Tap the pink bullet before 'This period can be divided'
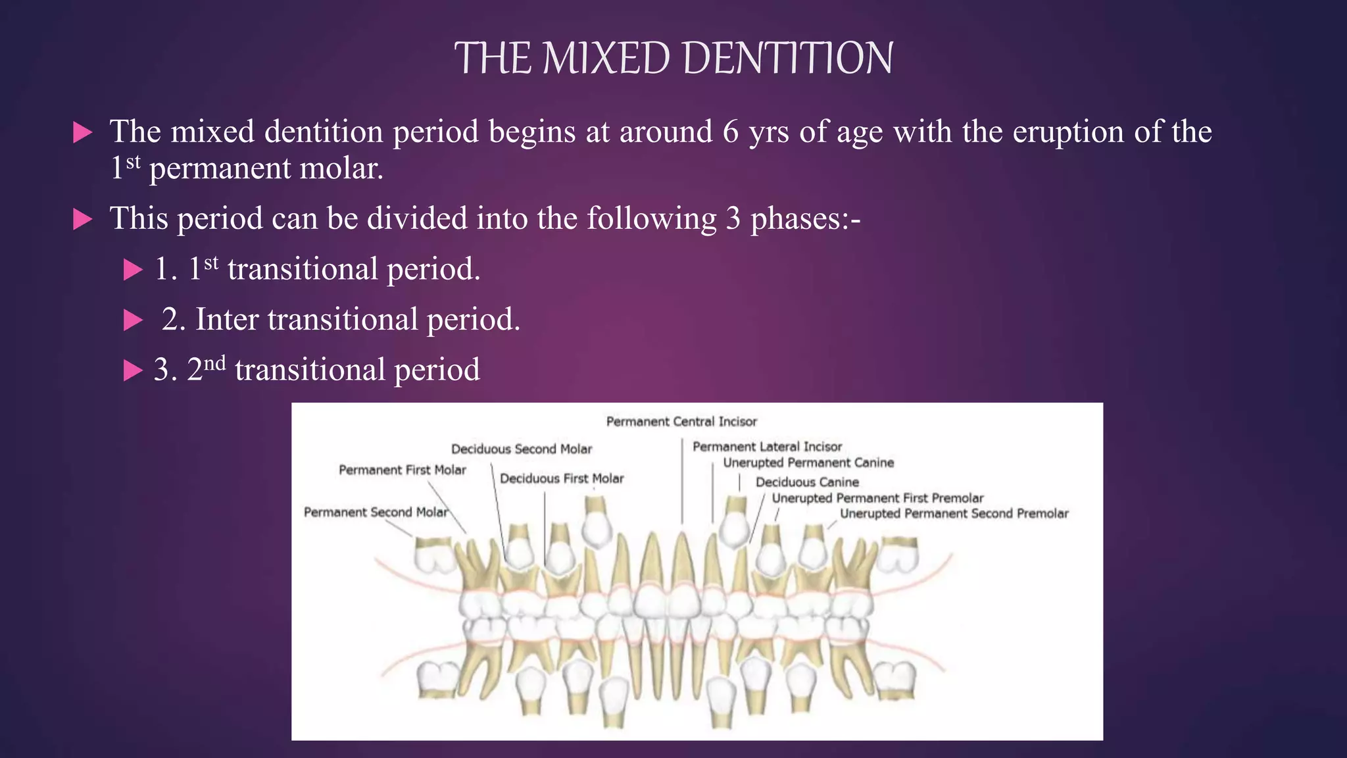(x=82, y=219)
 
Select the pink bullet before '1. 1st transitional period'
(x=133, y=270)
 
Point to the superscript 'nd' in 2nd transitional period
(x=214, y=363)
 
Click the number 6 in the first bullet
(x=730, y=132)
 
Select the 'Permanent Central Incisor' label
(x=681, y=422)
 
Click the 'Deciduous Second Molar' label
(x=522, y=449)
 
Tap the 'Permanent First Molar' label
(x=402, y=470)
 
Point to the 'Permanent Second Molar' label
(x=376, y=513)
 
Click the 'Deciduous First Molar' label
(x=562, y=479)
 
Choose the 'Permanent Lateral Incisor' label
(x=767, y=447)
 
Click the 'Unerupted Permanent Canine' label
(x=808, y=463)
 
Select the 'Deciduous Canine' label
(x=807, y=482)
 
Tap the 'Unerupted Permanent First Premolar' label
(x=877, y=499)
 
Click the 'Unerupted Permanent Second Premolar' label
(x=954, y=514)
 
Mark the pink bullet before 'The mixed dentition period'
(x=82, y=132)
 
